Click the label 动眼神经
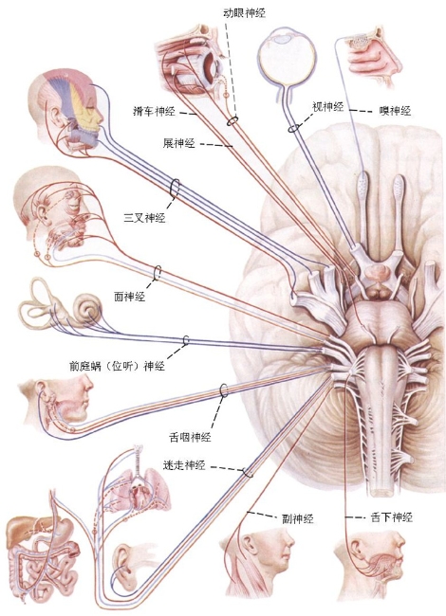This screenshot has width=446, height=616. click(x=244, y=13)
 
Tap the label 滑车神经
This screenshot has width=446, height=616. click(x=154, y=112)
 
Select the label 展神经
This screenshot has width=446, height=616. click(x=179, y=143)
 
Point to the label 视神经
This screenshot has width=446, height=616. click(x=328, y=106)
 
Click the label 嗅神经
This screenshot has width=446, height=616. click(x=396, y=111)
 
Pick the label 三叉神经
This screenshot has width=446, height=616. click(x=144, y=217)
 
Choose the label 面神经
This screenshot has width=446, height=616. click(x=129, y=297)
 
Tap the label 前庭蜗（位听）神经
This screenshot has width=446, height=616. click(x=117, y=366)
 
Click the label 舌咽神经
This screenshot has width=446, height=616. click(x=191, y=437)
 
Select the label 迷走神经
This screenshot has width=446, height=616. click(x=184, y=465)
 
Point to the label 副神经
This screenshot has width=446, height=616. click(x=298, y=519)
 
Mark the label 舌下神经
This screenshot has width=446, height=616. click(x=391, y=517)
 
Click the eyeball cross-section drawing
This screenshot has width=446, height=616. click(x=288, y=59)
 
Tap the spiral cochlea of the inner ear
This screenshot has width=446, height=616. click(x=87, y=308)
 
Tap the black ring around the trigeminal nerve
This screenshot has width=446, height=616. click(x=175, y=188)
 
